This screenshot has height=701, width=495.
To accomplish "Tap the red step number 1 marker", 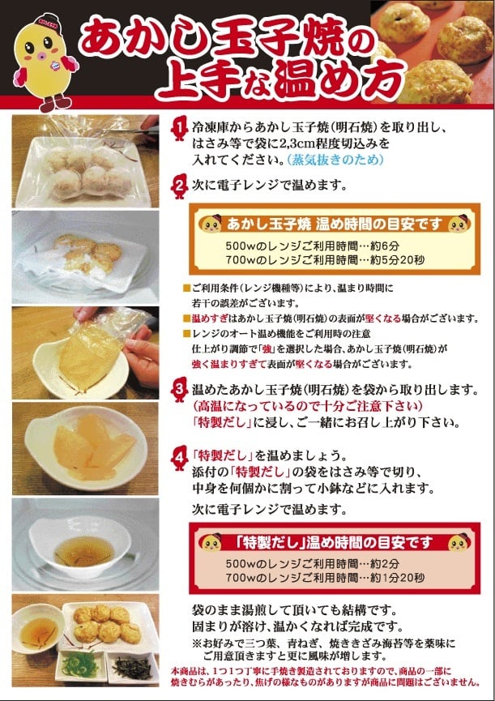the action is (179, 128).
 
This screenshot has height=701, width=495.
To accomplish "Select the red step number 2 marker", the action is (179, 186).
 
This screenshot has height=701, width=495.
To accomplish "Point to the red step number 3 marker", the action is (179, 391).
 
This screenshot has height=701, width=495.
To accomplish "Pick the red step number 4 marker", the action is (179, 458).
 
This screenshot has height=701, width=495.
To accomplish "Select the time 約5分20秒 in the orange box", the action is (397, 260).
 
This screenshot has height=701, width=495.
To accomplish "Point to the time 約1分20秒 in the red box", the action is (397, 578).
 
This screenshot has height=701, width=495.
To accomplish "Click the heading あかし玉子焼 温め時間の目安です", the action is (334, 224).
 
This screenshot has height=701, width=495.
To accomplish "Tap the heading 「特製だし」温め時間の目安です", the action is (334, 543).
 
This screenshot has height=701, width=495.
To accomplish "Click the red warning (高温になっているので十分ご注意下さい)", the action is (307, 406).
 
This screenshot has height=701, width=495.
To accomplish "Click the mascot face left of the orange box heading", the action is (211, 224).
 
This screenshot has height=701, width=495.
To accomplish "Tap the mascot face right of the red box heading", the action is (459, 542).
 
